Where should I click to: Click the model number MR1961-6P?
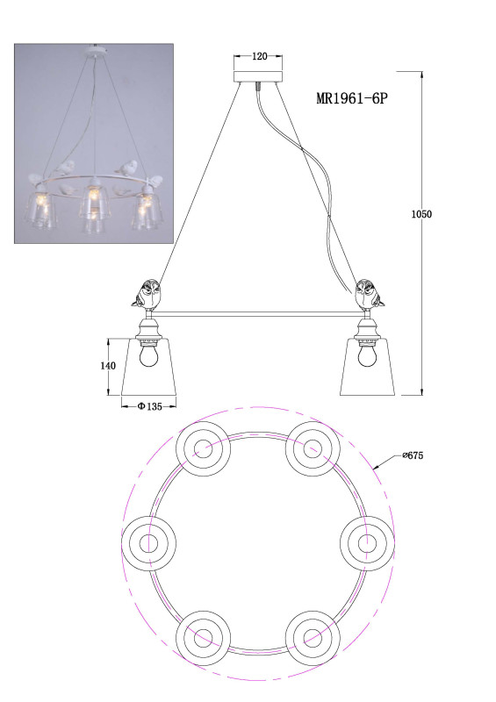click(x=351, y=97)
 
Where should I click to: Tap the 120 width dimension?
click(x=260, y=56)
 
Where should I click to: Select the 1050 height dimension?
click(x=421, y=214)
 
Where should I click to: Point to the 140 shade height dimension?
click(x=107, y=366)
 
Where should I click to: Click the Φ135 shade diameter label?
click(x=149, y=406)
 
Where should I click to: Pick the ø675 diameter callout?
click(x=413, y=455)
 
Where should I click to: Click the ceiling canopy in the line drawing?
click(x=258, y=76)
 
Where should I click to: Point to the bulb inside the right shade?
click(x=366, y=356)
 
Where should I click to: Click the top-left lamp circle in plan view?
click(x=203, y=448)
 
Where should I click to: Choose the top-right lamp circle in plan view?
click(x=313, y=448)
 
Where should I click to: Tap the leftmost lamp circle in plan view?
click(x=148, y=543)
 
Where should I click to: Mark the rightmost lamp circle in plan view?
click(x=368, y=543)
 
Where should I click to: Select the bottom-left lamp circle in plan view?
click(x=203, y=637)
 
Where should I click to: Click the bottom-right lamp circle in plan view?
click(x=313, y=637)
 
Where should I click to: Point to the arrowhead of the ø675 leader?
click(x=376, y=467)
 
